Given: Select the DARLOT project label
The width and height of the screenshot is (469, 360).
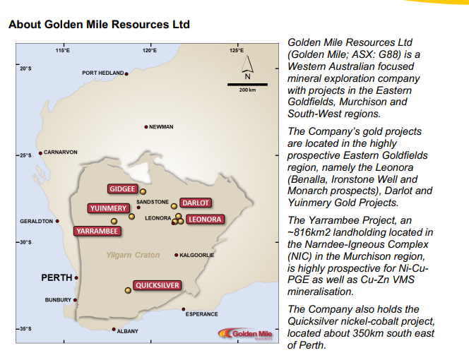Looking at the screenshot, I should click(x=196, y=203).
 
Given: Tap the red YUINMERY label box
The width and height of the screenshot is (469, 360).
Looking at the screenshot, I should click(x=107, y=208).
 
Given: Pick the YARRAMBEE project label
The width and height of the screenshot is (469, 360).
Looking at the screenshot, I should click(x=96, y=230).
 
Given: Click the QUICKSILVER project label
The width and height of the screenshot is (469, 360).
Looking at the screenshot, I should click(x=158, y=285).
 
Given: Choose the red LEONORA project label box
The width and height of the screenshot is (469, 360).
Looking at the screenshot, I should click(x=205, y=220).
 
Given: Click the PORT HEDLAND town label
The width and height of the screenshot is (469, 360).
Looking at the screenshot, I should click(x=102, y=73).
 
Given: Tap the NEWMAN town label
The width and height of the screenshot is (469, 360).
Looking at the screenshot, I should click(x=161, y=127).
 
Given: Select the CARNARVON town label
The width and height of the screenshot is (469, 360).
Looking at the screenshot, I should click(x=61, y=152).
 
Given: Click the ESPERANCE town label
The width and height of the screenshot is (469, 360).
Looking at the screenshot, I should click(x=201, y=314).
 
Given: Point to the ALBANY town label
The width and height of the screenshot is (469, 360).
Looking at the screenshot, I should click(x=127, y=330).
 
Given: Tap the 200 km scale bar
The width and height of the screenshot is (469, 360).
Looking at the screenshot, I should click(x=247, y=84).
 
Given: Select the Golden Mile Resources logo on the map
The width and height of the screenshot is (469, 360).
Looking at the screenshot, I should click(x=247, y=333).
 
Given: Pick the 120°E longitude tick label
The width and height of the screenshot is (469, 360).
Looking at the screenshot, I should click(x=149, y=50).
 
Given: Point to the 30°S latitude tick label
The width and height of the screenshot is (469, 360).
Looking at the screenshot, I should click(x=25, y=242).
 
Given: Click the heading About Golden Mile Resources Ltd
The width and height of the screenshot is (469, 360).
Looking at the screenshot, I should click(x=99, y=25).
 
